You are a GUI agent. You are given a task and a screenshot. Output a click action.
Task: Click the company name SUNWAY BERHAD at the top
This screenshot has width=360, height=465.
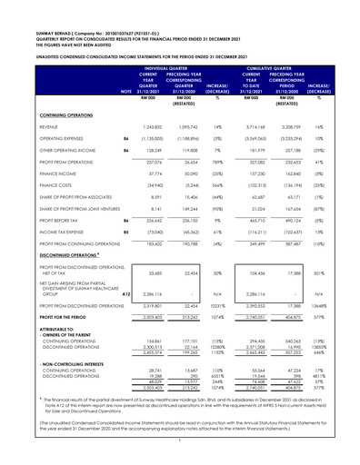[40, 15]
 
